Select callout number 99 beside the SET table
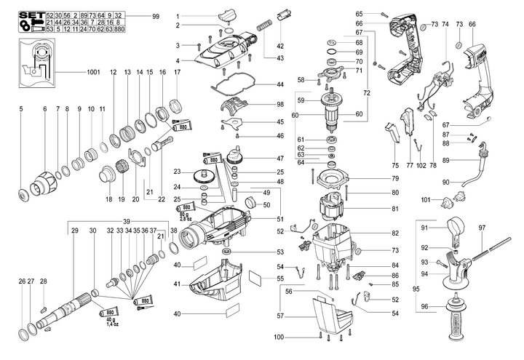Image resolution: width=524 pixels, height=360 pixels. point(156,15)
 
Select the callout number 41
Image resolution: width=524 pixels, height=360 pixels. point(177,283)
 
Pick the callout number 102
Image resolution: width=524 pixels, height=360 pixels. point(421,166)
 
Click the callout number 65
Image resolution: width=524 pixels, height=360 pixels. point(360,14)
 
